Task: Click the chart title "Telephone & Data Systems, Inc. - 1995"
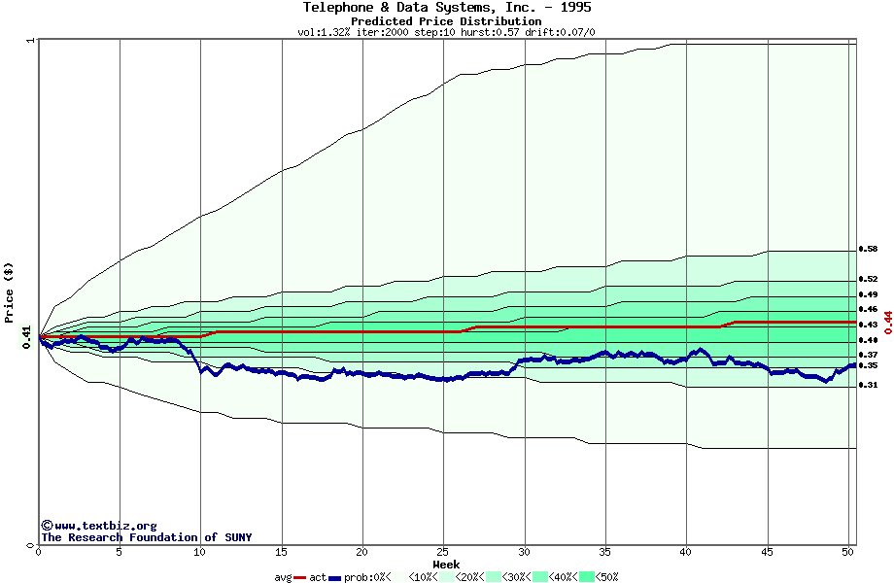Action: (x=446, y=8)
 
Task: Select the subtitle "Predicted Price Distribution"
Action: (x=446, y=20)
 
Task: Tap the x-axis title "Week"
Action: (x=446, y=565)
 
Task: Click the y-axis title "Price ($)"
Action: (x=9, y=292)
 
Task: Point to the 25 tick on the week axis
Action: (x=443, y=552)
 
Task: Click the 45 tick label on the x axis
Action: (x=767, y=552)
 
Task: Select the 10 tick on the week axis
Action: (x=200, y=552)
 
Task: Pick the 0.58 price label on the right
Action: (x=868, y=250)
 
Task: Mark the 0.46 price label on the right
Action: (x=868, y=309)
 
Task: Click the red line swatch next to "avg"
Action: (x=300, y=577)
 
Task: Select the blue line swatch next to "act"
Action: (x=335, y=577)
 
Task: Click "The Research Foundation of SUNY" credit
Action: (x=146, y=537)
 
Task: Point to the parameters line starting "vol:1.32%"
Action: (x=446, y=32)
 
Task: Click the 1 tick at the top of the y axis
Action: (x=32, y=41)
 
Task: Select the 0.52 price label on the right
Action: (x=868, y=279)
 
